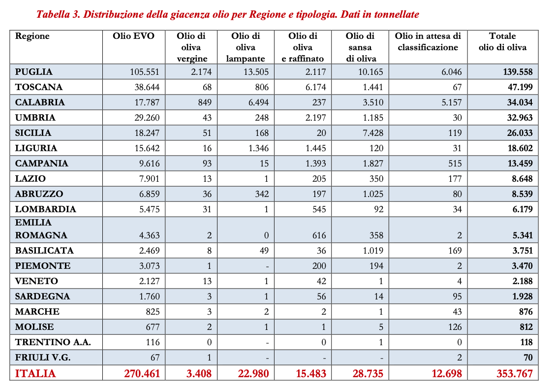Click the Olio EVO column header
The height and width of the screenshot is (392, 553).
(134, 36)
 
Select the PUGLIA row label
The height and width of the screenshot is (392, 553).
(33, 72)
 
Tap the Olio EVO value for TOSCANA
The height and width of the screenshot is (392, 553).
(145, 87)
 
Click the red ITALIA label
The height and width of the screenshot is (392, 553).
(35, 373)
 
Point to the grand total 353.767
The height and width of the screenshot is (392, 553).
(515, 373)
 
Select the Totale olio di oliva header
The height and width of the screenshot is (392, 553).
(502, 42)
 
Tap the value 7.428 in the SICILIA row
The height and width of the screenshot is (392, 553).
(373, 133)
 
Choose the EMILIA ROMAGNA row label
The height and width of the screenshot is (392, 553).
(41, 229)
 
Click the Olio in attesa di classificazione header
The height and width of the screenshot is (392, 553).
(428, 42)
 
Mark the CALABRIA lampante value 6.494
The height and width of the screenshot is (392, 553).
(257, 102)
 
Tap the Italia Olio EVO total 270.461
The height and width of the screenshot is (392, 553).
(142, 373)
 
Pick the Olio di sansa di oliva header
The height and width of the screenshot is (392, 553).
(360, 47)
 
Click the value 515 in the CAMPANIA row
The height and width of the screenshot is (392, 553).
(455, 163)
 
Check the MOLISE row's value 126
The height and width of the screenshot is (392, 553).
(455, 327)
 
